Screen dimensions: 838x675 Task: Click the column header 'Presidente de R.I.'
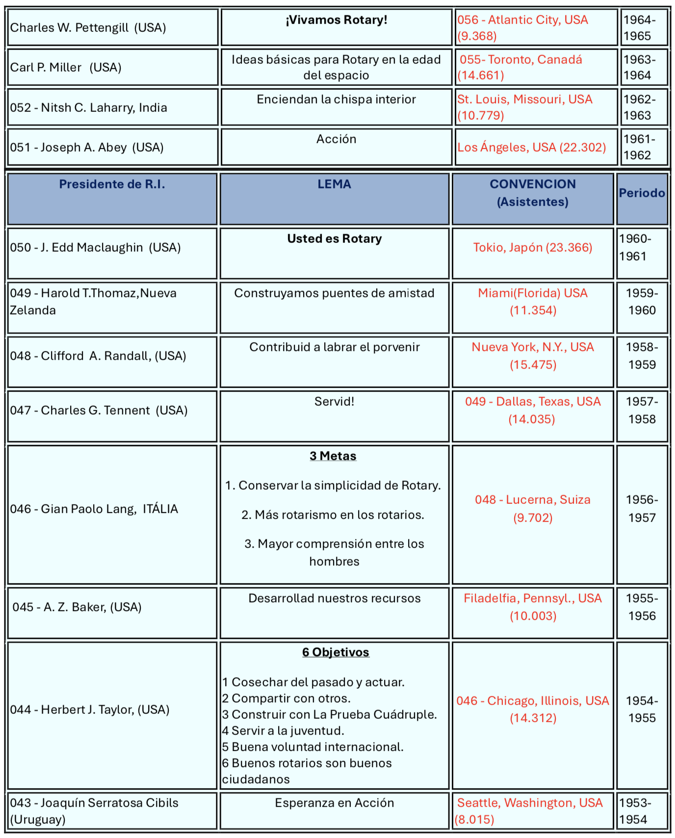pos(112,184)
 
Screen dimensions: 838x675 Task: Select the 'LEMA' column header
pos(334,184)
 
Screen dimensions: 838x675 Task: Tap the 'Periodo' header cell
pos(642,193)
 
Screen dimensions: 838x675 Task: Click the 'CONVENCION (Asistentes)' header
pos(533,193)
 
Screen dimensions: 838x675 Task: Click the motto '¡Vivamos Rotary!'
pos(337,20)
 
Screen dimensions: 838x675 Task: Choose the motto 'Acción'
pos(336,139)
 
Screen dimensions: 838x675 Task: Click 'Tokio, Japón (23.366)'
pos(533,247)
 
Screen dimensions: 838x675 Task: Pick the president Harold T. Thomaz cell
pos(93,302)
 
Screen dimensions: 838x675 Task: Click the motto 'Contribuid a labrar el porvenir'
pos(335,347)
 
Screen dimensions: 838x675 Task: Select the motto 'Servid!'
pos(334,402)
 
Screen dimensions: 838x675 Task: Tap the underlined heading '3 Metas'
pos(333,456)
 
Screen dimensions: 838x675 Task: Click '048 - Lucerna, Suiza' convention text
pos(533,500)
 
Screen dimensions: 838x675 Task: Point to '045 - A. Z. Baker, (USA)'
pos(77,607)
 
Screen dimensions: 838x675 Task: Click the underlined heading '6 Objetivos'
pos(336,653)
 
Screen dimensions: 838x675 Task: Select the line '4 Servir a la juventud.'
pos(283,731)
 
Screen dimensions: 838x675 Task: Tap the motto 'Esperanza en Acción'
pos(335,803)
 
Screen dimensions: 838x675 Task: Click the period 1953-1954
pos(635,811)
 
